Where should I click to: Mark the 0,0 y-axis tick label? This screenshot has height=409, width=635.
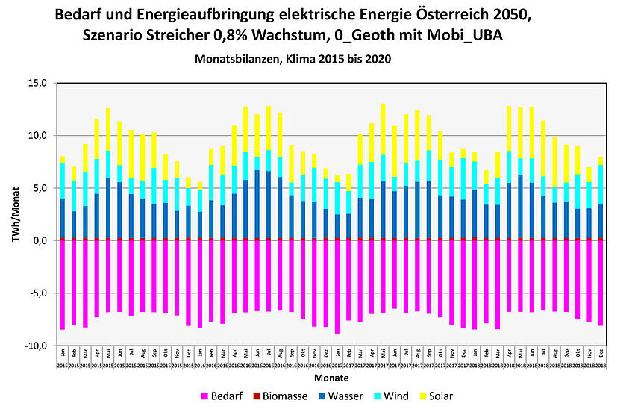click(x=37, y=240)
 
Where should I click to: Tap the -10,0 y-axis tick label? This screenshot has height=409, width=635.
click(x=35, y=346)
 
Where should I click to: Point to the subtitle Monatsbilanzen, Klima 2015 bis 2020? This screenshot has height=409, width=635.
click(x=292, y=57)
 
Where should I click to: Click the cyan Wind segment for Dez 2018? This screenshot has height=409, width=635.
click(x=601, y=184)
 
